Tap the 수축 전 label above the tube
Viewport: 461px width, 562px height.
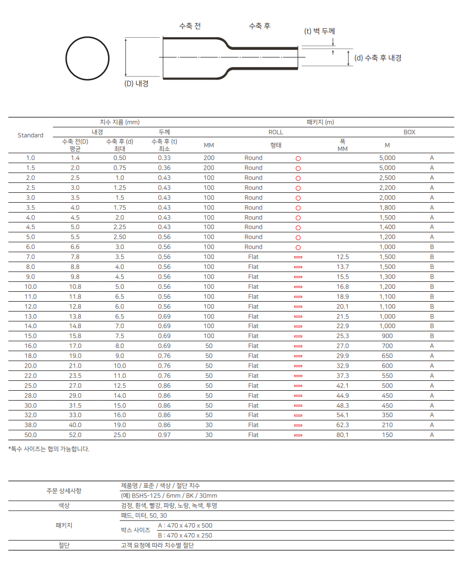[190, 26]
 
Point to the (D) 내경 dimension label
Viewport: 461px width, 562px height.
[136, 83]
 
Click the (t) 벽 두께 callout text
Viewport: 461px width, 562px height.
[319, 31]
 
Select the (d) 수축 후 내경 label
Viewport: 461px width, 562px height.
[378, 58]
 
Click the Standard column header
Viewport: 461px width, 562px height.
[30, 135]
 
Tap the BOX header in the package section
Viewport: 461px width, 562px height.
[409, 132]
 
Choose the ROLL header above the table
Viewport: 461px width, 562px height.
[275, 132]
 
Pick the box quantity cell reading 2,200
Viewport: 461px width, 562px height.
[387, 188]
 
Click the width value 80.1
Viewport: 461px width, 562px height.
[342, 435]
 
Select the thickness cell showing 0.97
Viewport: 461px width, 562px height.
[164, 435]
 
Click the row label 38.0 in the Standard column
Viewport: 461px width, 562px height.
[30, 425]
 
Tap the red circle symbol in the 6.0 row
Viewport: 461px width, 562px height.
[298, 247]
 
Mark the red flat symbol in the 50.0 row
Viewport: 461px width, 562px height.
[298, 435]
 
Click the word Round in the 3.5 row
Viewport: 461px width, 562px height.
[253, 207]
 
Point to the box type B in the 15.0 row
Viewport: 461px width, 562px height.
[432, 336]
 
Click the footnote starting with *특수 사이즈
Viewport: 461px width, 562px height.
[49, 449]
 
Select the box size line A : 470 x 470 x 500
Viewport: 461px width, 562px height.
[185, 525]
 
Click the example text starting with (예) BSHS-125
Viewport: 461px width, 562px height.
[169, 495]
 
